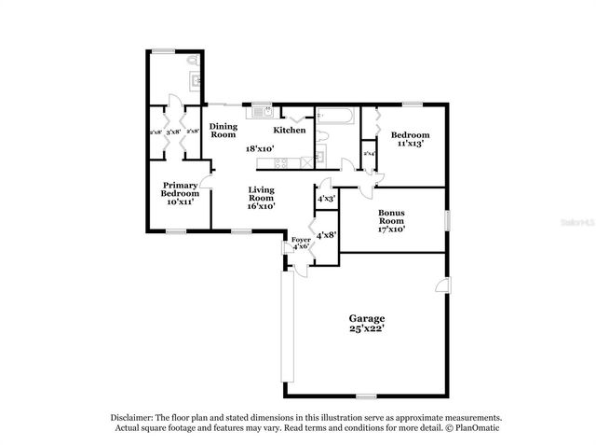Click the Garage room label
pyautogui.click(x=367, y=319)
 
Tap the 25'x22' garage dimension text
pyautogui.click(x=367, y=329)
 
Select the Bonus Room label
pyautogui.click(x=390, y=217)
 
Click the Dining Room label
pyautogui.click(x=223, y=131)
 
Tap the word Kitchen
pyautogui.click(x=289, y=131)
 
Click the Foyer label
pyautogui.click(x=301, y=240)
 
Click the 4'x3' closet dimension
pyautogui.click(x=326, y=199)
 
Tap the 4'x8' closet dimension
pyautogui.click(x=326, y=236)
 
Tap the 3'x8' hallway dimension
pyautogui.click(x=173, y=132)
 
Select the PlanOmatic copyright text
pyautogui.click(x=472, y=428)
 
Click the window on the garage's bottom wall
pyautogui.click(x=367, y=396)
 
